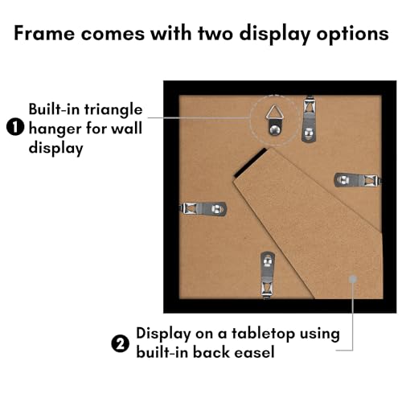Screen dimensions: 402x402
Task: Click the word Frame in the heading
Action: coord(44,33)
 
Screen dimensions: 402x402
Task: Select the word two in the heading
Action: coord(215,34)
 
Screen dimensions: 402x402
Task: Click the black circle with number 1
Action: coord(15,127)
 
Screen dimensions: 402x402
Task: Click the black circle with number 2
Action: coord(121,343)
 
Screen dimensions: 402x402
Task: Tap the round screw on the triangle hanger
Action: coord(274,130)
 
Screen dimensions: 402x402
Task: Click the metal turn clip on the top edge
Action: coord(309,119)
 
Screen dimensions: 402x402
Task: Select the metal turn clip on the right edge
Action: coord(358,180)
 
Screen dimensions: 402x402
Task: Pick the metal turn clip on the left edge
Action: coord(203,209)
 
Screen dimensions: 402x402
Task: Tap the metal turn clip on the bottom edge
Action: coord(268,275)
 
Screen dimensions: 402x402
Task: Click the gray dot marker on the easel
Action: coord(353,279)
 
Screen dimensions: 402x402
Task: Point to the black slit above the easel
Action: coord(251,162)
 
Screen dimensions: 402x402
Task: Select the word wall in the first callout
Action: coord(126,129)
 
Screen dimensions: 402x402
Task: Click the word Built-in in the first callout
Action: coord(55,109)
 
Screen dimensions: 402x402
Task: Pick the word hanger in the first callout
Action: coord(55,129)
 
